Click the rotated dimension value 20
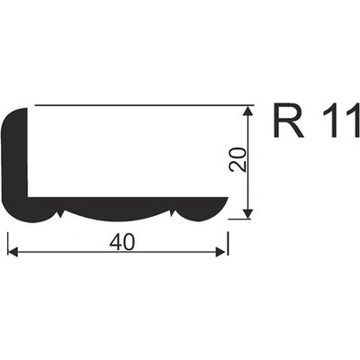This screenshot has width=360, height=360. point(238,159)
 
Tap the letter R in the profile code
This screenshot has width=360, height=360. point(289,121)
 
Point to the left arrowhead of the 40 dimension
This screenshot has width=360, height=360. point(13,252)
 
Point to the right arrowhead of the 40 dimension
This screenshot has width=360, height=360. point(220,252)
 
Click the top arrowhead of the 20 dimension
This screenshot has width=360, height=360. point(247,111)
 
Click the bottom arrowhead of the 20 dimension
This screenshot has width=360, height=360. point(247,213)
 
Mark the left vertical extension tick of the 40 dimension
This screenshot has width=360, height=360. point(7,244)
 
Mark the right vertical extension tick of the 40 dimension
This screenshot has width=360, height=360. point(228,244)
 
